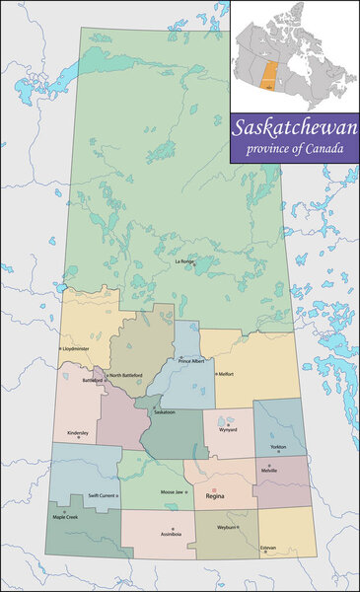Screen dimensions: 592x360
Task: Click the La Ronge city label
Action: pos(185,261)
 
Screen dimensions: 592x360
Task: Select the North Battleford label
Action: pos(125,375)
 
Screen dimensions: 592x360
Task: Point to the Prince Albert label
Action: pos(192,361)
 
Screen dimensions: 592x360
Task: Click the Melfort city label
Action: pos(226,374)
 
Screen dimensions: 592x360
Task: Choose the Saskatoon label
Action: pos(165,412)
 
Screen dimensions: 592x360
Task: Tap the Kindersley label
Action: pos(79,432)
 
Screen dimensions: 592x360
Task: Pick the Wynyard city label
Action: pos(229,430)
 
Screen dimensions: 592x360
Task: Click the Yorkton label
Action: pos(279,447)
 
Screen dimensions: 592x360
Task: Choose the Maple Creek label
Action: pos(66,517)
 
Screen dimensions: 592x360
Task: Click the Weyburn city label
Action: pos(229,529)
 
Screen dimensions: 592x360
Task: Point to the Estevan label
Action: pos(268,548)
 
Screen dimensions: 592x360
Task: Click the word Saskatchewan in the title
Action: pos(295,128)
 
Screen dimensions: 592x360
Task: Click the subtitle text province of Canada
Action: pos(295,149)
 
